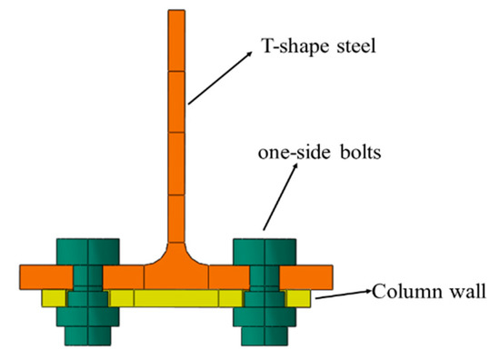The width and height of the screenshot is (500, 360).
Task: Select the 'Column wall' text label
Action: [x=426, y=292]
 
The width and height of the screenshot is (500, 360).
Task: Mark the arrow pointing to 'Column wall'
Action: [x=342, y=294]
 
